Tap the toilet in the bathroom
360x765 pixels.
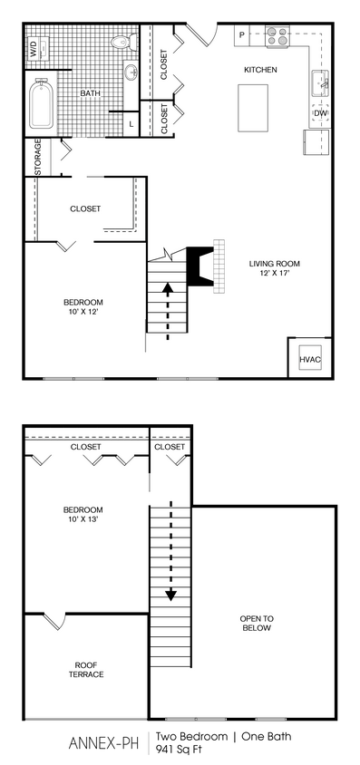pyautogui.click(x=121, y=43)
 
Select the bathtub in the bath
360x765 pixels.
pyautogui.click(x=42, y=106)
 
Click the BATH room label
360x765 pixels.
pyautogui.click(x=90, y=93)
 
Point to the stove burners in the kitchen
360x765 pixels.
pyautogui.click(x=277, y=38)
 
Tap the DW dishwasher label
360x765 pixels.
pyautogui.click(x=320, y=113)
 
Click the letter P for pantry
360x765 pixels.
pyautogui.click(x=241, y=35)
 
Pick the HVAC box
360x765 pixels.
pyautogui.click(x=310, y=360)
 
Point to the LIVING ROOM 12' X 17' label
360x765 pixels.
pyautogui.click(x=269, y=269)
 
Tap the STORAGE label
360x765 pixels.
pyautogui.click(x=38, y=158)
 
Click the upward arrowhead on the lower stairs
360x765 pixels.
pyautogui.click(x=168, y=289)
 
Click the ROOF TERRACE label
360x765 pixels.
pyautogui.click(x=86, y=670)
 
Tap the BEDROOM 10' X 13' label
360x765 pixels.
pyautogui.click(x=83, y=515)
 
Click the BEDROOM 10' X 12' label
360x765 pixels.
pyautogui.click(x=83, y=307)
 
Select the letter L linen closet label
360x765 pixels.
pyautogui.click(x=131, y=123)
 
